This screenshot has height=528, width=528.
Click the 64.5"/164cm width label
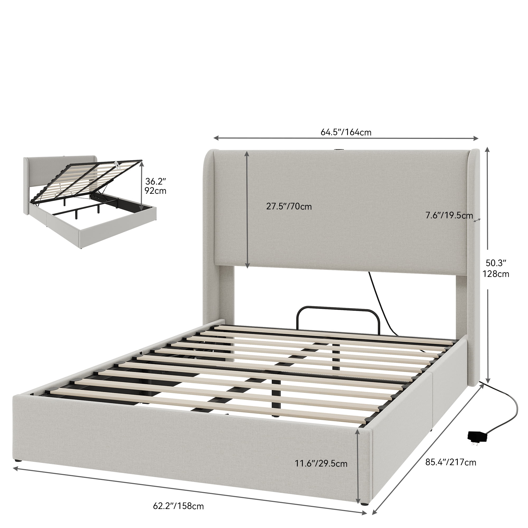(346, 132)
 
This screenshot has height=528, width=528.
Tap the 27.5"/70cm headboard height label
(289, 206)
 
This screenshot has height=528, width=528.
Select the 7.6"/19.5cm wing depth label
(449, 215)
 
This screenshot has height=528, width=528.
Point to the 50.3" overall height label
(496, 263)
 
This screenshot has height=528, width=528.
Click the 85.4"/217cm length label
(451, 463)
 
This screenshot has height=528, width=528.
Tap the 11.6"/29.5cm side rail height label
(321, 464)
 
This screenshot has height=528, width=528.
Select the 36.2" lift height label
(155, 181)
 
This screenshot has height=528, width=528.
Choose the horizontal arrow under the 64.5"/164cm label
(346, 138)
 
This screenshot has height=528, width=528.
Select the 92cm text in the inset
(155, 191)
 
